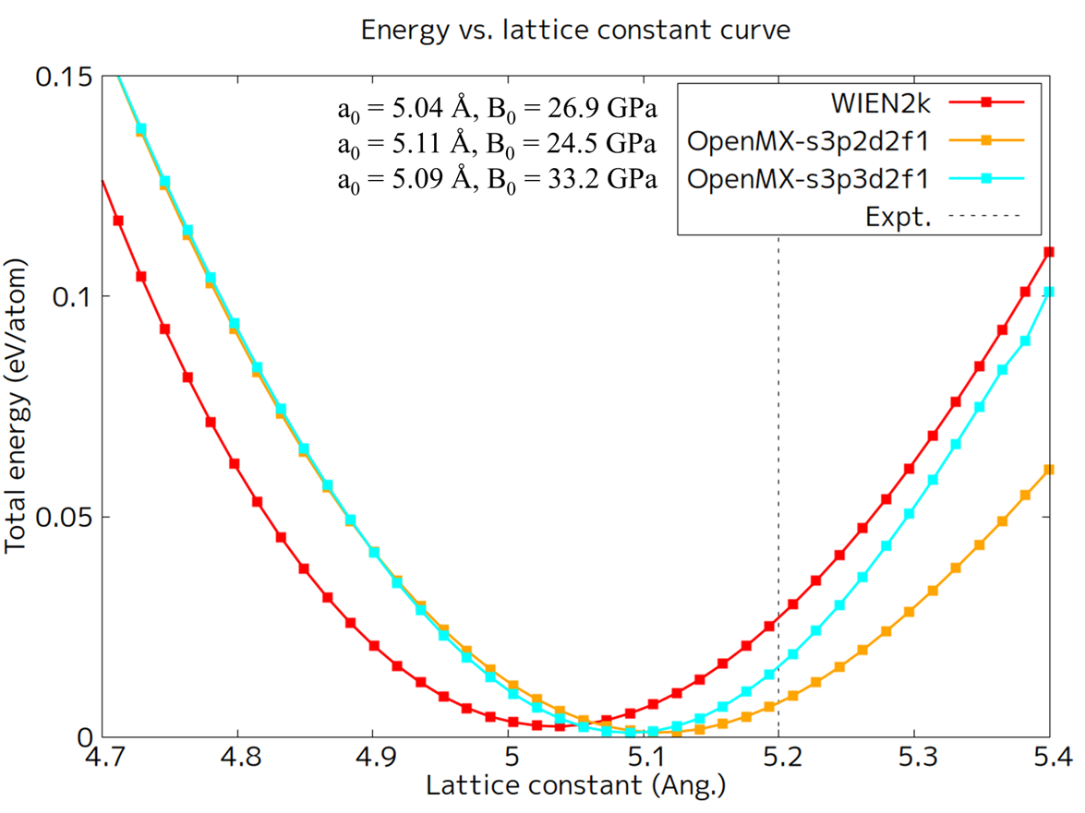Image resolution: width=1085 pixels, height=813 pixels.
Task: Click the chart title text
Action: coord(575,30)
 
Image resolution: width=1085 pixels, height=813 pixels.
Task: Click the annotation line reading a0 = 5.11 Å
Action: coord(497,145)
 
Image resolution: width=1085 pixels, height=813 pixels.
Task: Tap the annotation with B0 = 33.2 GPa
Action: coord(497,179)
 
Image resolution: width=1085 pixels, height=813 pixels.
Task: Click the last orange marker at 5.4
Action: coord(1049,470)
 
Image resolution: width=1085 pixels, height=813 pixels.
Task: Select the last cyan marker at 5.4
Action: coord(1049,292)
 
